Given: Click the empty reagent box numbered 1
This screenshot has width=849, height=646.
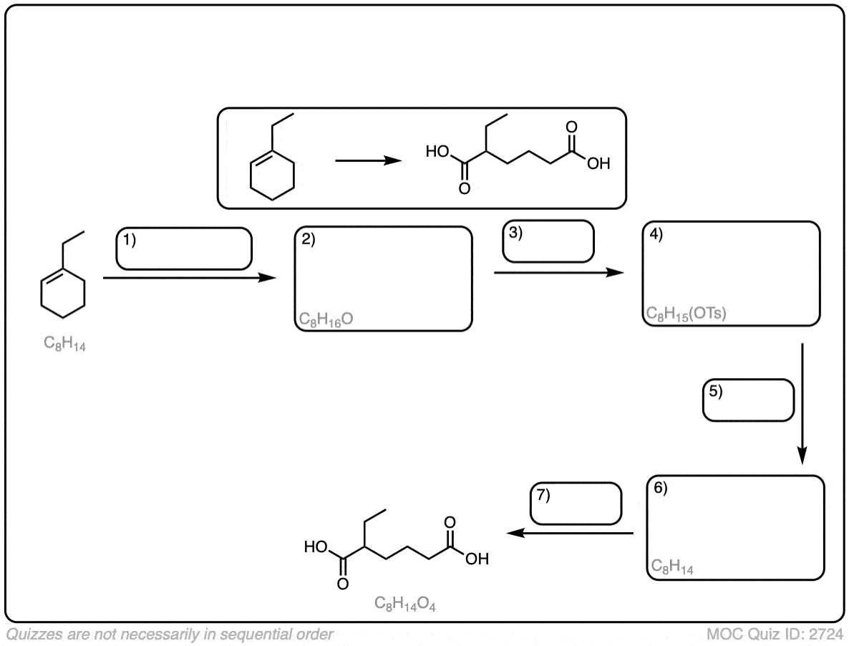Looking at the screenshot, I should click(185, 249).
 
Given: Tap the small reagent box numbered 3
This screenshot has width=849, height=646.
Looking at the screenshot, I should click(548, 241).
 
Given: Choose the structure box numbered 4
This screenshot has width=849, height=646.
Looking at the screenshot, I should click(730, 273).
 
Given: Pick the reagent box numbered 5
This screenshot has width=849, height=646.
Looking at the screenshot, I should click(749, 400).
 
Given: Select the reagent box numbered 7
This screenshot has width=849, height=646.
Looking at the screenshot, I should click(575, 503).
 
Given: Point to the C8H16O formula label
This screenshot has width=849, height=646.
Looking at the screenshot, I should click(326, 319).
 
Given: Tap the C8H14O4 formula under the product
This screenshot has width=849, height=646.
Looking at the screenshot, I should click(406, 604).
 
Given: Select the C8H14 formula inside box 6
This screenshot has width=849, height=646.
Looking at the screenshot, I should click(673, 567).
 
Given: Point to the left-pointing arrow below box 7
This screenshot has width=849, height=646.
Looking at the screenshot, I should click(571, 534).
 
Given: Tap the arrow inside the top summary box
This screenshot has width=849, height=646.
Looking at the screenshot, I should click(367, 161).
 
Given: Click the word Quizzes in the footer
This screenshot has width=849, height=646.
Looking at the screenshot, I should click(29, 633).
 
